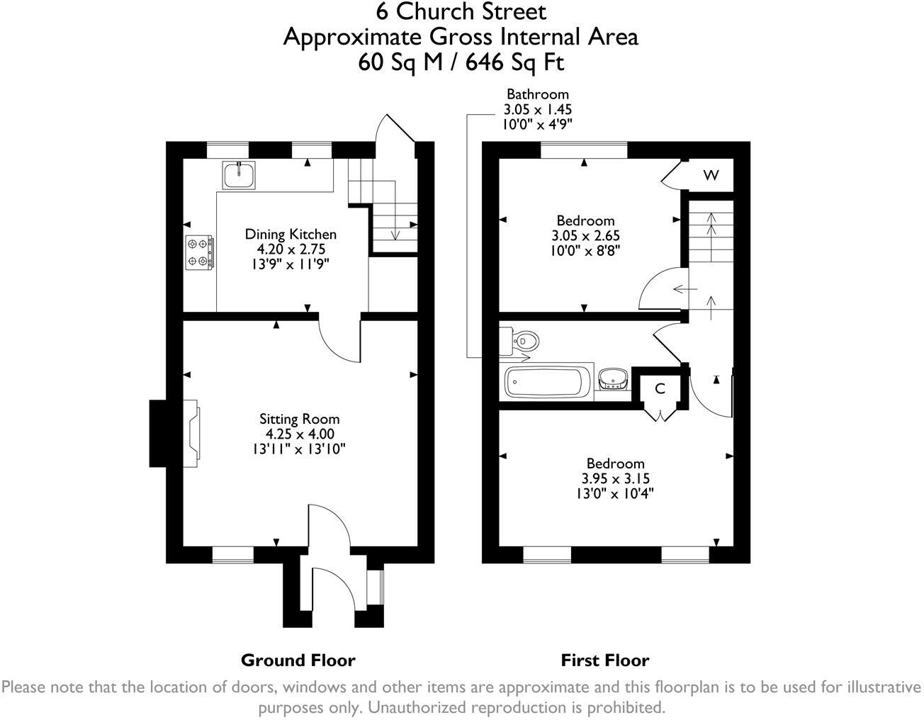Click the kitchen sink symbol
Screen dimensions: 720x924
click(239, 174)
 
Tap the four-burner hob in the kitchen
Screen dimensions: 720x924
click(199, 253)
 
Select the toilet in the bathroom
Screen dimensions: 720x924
click(520, 342)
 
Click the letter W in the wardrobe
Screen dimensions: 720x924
click(711, 175)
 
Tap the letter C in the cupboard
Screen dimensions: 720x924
click(660, 388)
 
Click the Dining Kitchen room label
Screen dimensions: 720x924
click(291, 234)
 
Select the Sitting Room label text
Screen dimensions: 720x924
click(299, 419)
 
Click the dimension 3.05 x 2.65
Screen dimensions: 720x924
click(585, 235)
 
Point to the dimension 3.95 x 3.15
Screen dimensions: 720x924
click(614, 478)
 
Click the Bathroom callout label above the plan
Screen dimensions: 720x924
click(537, 94)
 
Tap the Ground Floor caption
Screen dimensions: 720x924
click(298, 660)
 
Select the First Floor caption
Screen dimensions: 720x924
click(604, 660)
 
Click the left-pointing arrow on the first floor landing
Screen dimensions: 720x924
click(684, 289)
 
